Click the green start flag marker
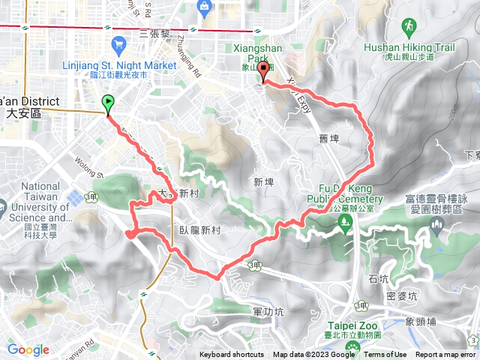[108, 104]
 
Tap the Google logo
[28, 349]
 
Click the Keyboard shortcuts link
[232, 355]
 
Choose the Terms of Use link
[385, 355]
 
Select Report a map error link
[445, 355]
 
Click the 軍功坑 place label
[268, 311]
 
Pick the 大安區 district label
[22, 113]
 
